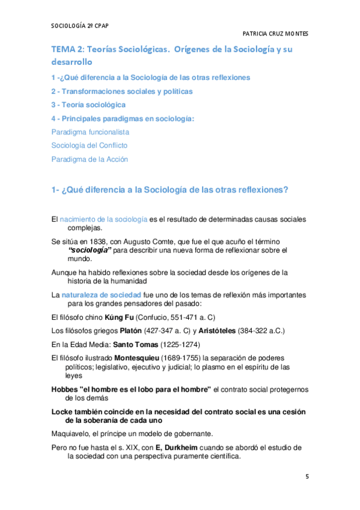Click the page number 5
307,477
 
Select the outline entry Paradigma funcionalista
90,131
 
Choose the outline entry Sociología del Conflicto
90,145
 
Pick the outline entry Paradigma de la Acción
90,159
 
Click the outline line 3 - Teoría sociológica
88,105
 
